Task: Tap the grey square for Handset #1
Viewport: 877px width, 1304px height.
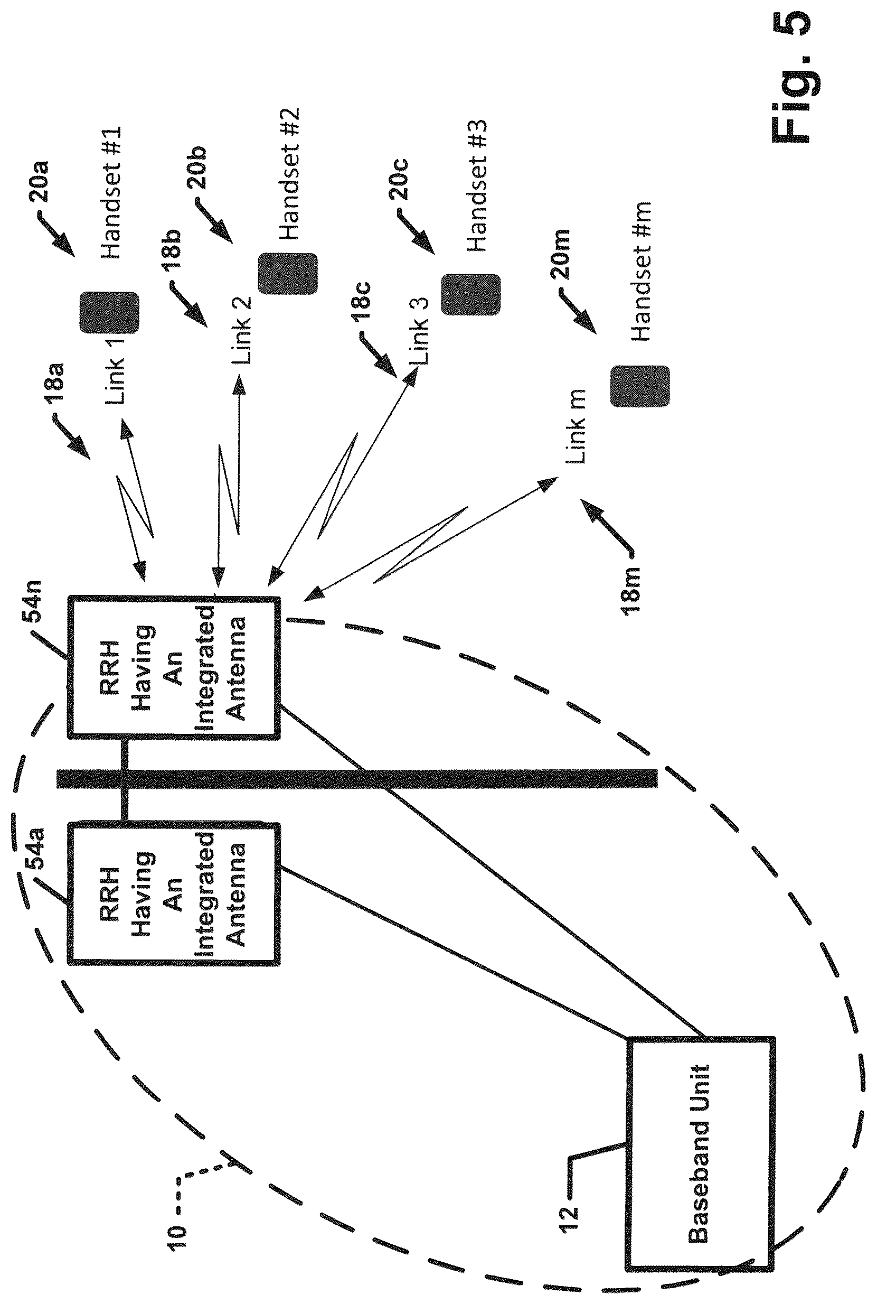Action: pyautogui.click(x=110, y=312)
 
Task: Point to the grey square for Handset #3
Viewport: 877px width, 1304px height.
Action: pyautogui.click(x=471, y=294)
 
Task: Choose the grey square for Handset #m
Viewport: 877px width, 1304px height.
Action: pyautogui.click(x=640, y=386)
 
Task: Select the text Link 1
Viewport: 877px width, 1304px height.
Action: pyautogui.click(x=115, y=370)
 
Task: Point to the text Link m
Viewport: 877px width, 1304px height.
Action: pyautogui.click(x=576, y=426)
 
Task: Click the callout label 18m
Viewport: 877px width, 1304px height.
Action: pyautogui.click(x=631, y=591)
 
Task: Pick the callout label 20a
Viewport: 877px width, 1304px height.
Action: pyautogui.click(x=39, y=181)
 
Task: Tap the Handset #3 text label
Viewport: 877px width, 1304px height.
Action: pyautogui.click(x=477, y=185)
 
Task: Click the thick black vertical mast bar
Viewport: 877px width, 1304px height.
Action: pyautogui.click(x=357, y=778)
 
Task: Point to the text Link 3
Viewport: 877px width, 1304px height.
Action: pyautogui.click(x=419, y=330)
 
